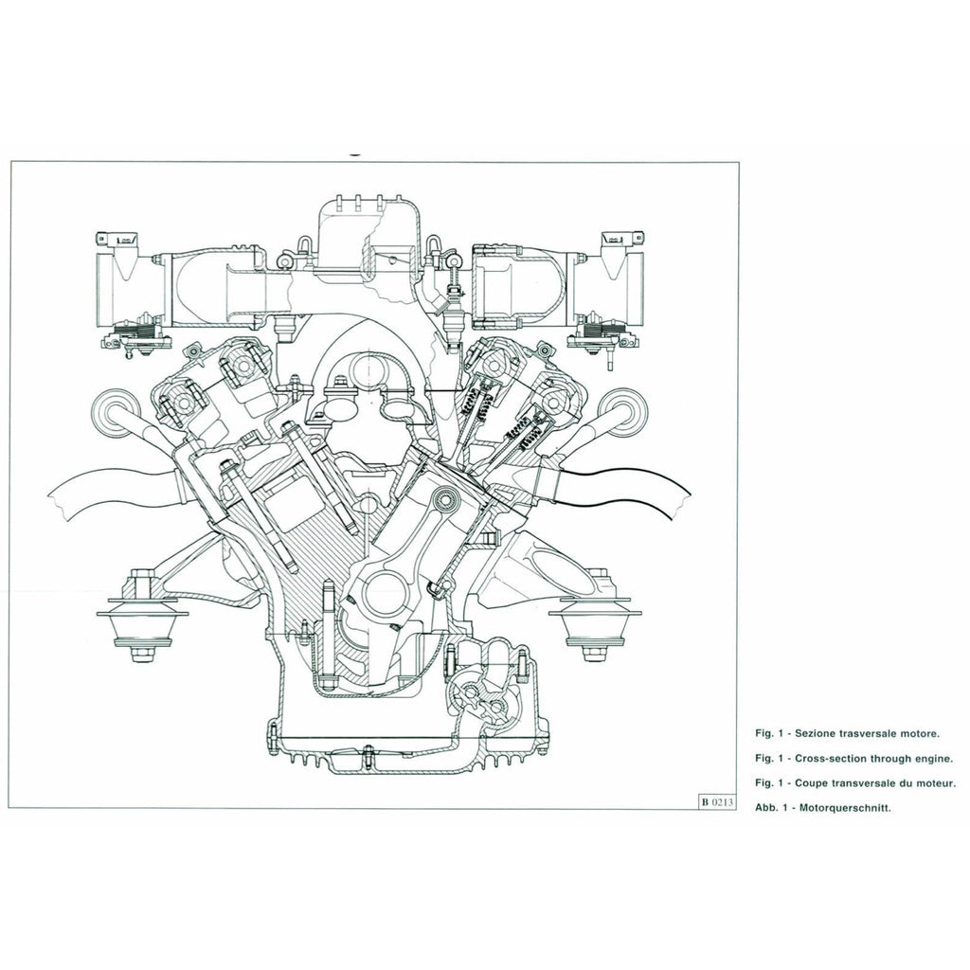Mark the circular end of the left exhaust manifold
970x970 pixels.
pyautogui.click(x=113, y=412)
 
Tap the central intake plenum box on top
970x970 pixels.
pyautogui.click(x=366, y=237)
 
